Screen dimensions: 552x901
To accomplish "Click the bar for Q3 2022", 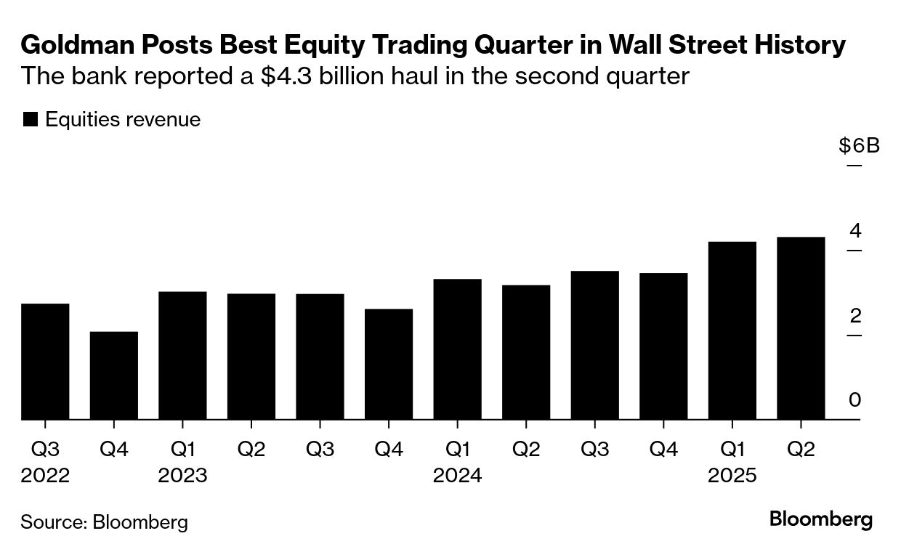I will (45, 362).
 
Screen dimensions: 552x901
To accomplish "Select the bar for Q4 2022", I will (114, 376).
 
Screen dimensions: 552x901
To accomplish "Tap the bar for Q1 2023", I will (182, 356).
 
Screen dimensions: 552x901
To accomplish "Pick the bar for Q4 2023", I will (389, 365).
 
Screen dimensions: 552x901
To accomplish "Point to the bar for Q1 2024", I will (457, 349).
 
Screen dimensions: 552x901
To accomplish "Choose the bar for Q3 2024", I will (594, 346).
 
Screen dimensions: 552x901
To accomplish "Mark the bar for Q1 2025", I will (732, 330).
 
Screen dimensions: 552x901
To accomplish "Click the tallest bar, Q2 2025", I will (801, 328).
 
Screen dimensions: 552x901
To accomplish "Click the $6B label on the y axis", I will (859, 146).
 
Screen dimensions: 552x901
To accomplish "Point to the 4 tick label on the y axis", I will (855, 231).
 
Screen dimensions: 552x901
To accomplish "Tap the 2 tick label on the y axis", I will (855, 316).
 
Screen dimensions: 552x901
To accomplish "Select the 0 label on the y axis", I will (855, 400).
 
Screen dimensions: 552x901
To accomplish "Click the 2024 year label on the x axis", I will (457, 476).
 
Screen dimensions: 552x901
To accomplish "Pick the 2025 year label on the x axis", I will (732, 476).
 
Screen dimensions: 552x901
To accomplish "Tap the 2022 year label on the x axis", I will (45, 476).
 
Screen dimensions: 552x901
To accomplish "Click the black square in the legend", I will (30, 120).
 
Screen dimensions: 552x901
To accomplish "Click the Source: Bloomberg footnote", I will (104, 521).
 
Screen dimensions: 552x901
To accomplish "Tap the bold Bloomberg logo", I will (821, 519).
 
